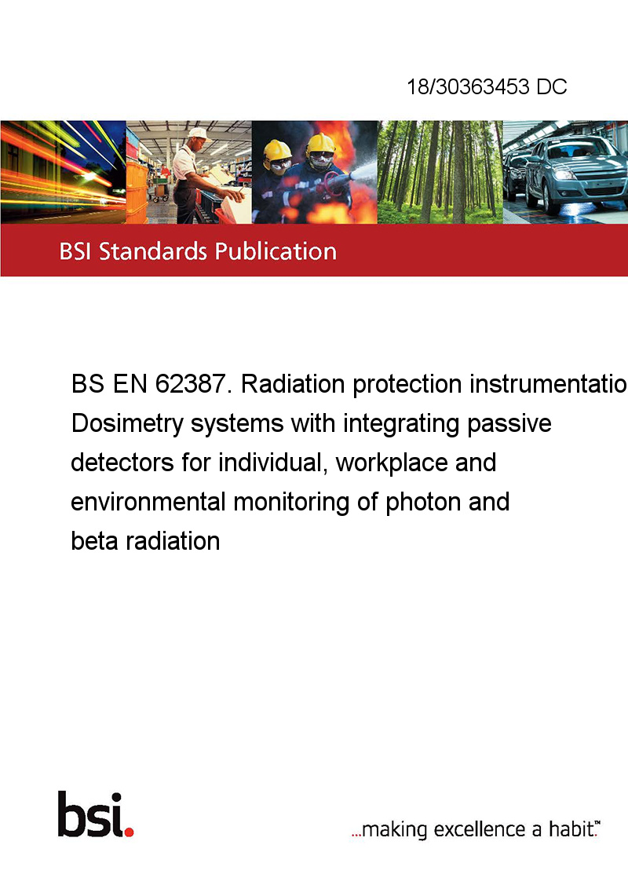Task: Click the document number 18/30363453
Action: pyautogui.click(x=468, y=86)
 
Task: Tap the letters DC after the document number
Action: pyautogui.click(x=552, y=86)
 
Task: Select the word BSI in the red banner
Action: pyautogui.click(x=75, y=251)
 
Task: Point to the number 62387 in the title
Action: pyautogui.click(x=193, y=384)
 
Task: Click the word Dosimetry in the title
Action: pyautogui.click(x=127, y=424)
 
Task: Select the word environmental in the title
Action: pyautogui.click(x=148, y=502)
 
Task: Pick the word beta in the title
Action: pyautogui.click(x=95, y=541)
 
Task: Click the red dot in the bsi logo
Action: pyautogui.click(x=129, y=832)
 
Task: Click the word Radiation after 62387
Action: pyautogui.click(x=293, y=384)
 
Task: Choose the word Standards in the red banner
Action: pyautogui.click(x=153, y=251)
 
